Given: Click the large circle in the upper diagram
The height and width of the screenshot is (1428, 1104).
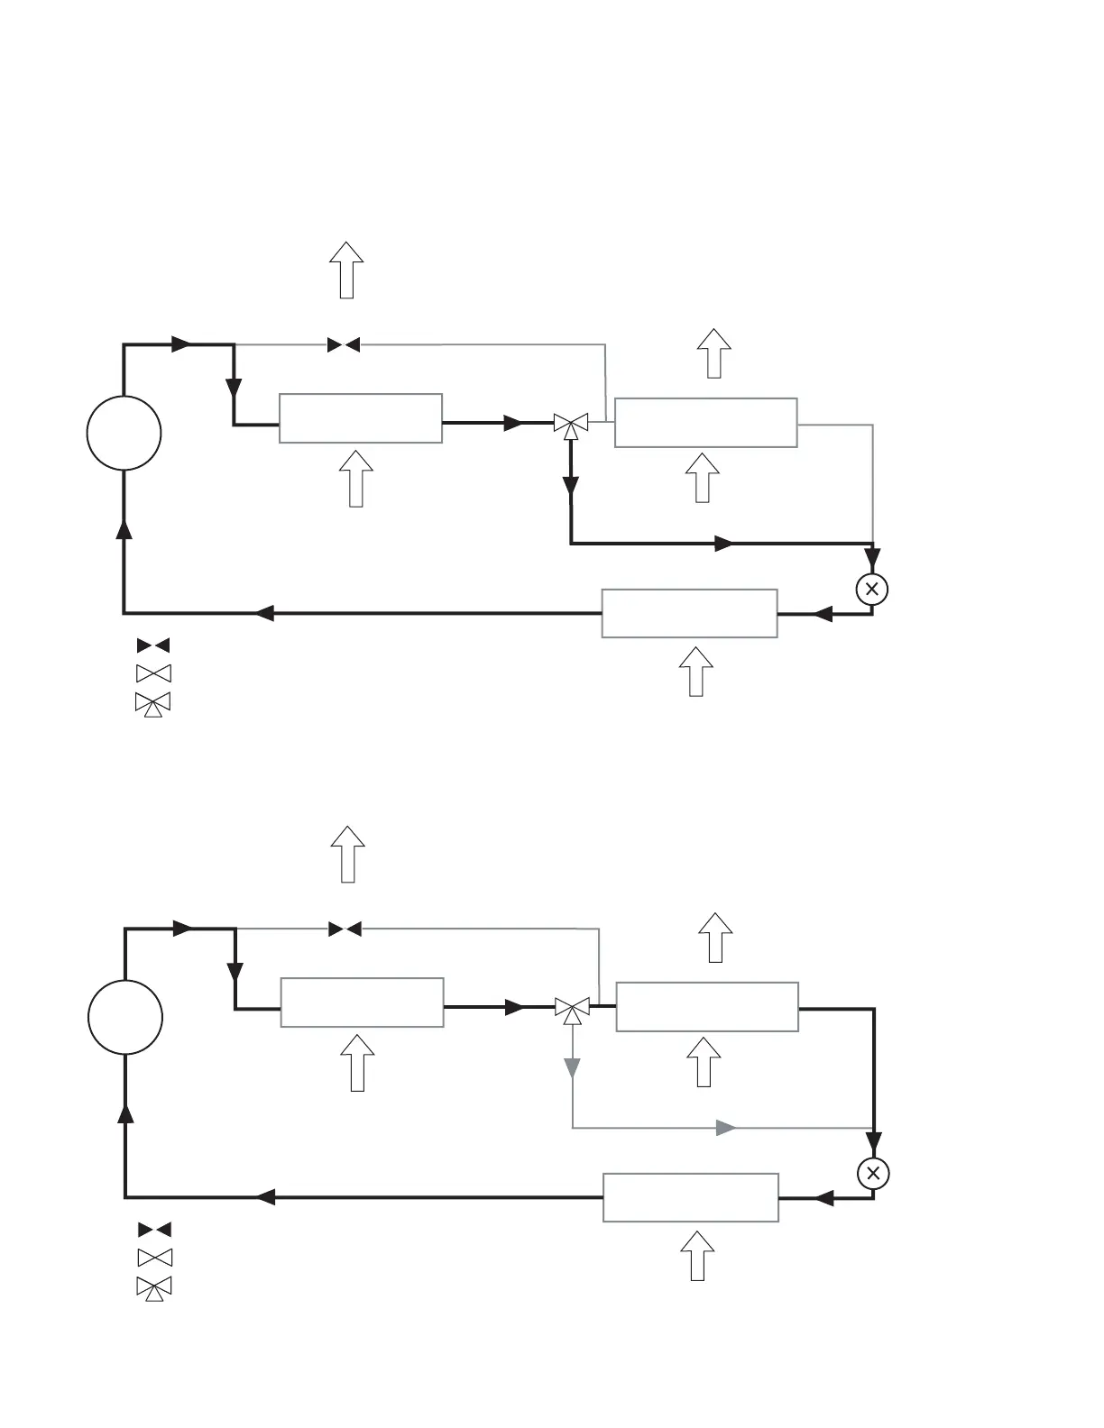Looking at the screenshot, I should point(124,433).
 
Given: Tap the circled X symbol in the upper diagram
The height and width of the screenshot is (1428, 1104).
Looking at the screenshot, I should point(871,590).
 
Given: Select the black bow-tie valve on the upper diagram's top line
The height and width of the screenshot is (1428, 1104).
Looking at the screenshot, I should point(344,344).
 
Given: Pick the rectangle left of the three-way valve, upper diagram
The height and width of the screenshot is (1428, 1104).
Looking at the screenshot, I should point(361,418).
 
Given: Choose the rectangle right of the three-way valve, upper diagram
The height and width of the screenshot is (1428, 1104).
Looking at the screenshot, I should point(705,422).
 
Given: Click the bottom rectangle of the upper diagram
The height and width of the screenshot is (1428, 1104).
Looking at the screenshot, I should point(689,613).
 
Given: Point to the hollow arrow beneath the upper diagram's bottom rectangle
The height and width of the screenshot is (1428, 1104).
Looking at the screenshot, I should point(695,671).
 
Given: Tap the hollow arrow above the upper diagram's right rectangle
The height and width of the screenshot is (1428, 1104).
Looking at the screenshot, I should point(713,352).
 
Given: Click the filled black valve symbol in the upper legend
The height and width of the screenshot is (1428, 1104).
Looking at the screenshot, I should point(153,645).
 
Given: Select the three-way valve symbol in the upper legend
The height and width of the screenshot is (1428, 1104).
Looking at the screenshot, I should point(153,703).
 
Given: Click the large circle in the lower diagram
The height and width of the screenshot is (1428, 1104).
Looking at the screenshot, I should point(125,1017).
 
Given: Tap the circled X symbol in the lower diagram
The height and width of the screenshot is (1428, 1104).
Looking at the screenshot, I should point(873,1174).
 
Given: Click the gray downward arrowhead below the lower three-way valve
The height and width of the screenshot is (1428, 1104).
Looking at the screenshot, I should point(572,1068).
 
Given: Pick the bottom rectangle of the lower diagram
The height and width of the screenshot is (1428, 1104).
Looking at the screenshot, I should point(691,1197).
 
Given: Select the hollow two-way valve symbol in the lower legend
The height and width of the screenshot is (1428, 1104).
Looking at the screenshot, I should point(154,1258).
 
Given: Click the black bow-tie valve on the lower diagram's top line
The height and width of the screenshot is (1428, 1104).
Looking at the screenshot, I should point(345,929).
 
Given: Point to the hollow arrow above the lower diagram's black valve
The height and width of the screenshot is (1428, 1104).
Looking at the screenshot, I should point(347,854).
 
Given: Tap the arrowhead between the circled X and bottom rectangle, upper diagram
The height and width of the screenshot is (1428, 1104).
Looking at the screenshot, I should point(822,614).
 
